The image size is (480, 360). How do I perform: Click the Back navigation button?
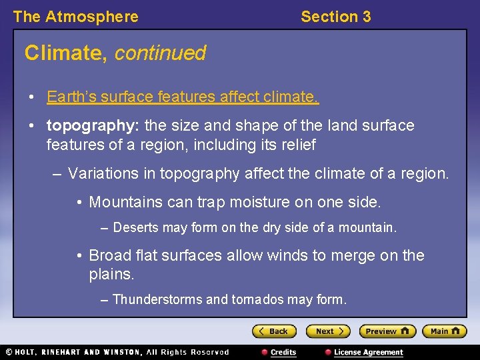click(x=274, y=331)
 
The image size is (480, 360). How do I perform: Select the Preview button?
click(x=387, y=331)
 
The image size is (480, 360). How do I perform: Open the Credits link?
click(x=283, y=352)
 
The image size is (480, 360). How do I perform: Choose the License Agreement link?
click(x=368, y=352)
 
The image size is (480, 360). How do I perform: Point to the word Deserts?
click(x=136, y=228)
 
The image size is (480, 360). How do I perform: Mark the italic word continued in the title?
click(x=160, y=53)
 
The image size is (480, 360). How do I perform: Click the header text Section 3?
click(x=335, y=17)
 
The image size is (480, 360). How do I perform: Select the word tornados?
click(x=257, y=299)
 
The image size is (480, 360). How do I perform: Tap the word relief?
click(x=297, y=145)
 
